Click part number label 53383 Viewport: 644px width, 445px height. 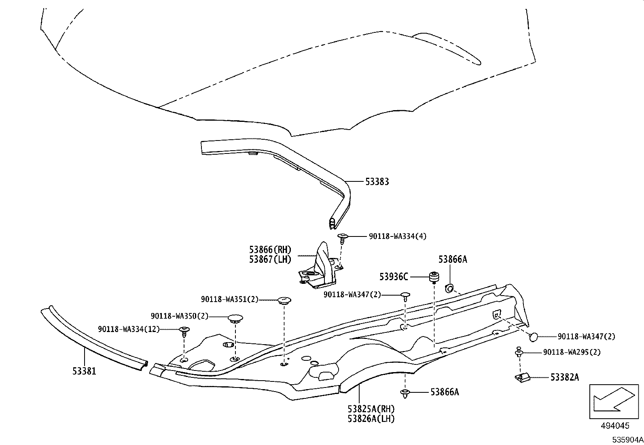[377, 182]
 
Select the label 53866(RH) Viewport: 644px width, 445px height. [270, 250]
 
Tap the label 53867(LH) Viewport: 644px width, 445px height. [270, 260]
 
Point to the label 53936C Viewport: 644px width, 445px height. [394, 277]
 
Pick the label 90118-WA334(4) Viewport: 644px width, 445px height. [397, 236]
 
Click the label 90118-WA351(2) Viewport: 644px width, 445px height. [229, 300]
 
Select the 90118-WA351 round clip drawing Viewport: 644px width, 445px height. [284, 300]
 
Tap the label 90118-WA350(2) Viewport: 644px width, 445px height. [180, 316]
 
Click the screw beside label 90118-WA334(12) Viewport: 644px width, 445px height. [184, 331]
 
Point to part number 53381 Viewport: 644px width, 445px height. [85, 371]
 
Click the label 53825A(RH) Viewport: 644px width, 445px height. [371, 409]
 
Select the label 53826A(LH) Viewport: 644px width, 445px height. [371, 419]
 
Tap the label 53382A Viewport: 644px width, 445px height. [564, 377]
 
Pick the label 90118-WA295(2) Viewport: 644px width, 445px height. [572, 352]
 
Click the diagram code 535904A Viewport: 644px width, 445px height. [627, 440]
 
